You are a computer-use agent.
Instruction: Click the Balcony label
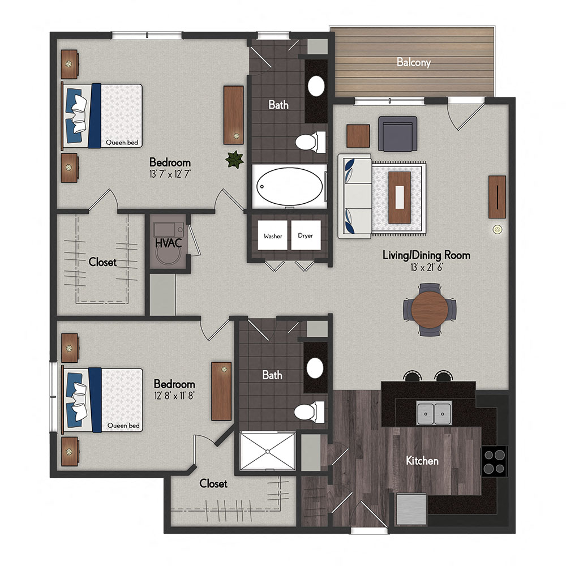click(413, 62)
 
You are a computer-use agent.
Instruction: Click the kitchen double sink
click(434, 413)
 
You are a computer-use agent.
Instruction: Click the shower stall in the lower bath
click(268, 451)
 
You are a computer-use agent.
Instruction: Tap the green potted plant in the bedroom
click(234, 160)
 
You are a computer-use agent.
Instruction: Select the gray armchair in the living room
click(397, 134)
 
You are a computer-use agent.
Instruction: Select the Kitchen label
click(422, 461)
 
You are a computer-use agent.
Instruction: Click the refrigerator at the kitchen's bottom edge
click(411, 508)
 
